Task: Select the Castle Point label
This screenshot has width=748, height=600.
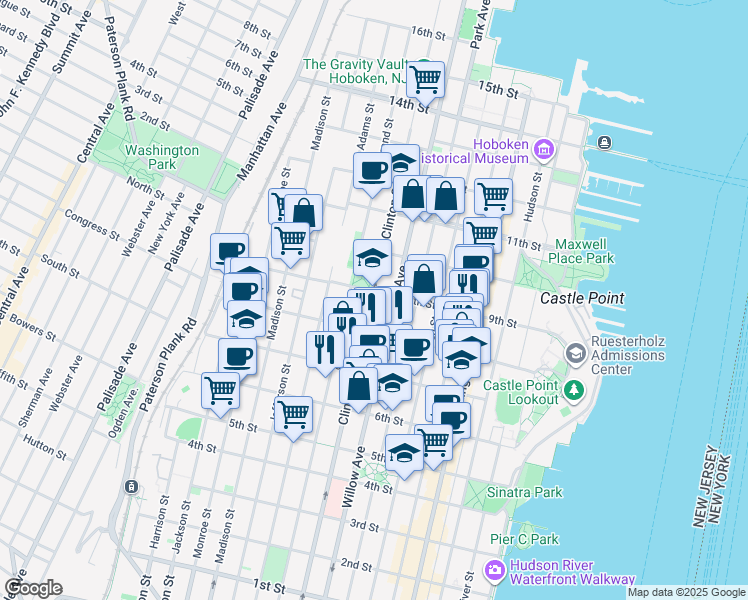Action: point(582,298)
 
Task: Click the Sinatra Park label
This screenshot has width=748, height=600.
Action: point(526,492)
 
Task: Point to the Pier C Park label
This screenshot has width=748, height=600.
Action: point(524,539)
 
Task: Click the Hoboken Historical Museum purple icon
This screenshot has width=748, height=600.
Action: point(544,151)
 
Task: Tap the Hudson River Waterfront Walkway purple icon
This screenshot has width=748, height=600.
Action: point(493,571)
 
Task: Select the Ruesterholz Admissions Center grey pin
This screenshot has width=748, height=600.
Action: point(576,353)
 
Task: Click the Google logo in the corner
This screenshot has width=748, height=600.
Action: point(34,588)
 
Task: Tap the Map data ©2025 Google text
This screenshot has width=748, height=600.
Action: point(686,592)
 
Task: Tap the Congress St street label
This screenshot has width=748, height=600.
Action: point(91,222)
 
